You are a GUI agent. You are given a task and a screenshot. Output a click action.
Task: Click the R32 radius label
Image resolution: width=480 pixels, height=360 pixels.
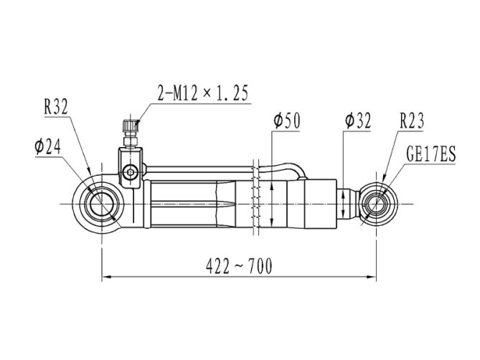coord(56,106)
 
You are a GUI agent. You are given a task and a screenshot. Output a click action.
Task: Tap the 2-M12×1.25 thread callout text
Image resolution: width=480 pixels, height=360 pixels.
coord(202,93)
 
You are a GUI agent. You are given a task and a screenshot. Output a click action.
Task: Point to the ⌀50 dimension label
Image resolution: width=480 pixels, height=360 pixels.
coord(287,120)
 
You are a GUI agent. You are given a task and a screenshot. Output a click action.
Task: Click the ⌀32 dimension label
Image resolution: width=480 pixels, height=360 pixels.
coord(357,120)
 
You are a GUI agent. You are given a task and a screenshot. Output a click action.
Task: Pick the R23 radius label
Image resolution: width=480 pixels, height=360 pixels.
coord(412,120)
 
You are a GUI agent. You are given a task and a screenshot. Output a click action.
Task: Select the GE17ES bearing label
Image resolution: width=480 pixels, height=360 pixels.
coord(431,153)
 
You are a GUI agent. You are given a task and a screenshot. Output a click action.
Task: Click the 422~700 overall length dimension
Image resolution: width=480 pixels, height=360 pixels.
coord(239,266)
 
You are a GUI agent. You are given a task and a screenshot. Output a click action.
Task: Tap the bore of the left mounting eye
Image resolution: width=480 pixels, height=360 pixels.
coord(101,204)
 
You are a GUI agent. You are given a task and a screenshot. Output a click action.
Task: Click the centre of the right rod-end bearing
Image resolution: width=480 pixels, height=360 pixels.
coord(376,204)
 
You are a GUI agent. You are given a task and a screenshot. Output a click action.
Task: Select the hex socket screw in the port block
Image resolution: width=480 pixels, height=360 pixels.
coord(130,172)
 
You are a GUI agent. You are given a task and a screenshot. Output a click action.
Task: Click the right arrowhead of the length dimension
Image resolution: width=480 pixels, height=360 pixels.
coord(372,277)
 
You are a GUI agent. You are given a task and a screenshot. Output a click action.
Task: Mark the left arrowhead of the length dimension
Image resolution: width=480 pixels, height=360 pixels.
coord(106,277)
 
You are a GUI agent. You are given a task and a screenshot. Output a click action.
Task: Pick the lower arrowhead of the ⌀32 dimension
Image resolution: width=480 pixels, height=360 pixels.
coord(343,214)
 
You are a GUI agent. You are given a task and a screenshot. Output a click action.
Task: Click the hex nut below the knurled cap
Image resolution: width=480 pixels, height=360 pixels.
coord(131,141)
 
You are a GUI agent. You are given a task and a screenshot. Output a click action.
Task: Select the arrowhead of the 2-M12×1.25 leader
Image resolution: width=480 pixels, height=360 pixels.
coord(136,125)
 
